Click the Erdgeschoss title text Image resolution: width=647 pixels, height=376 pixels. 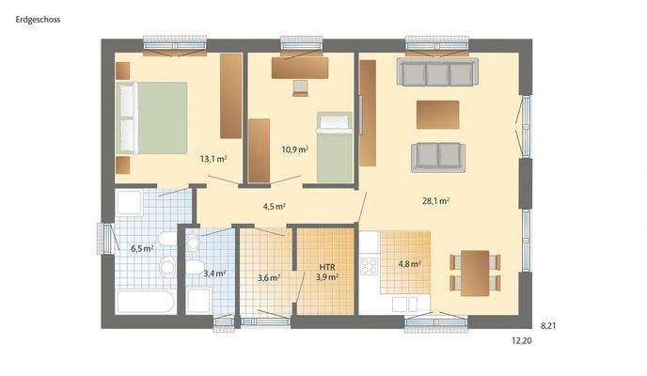[39, 18]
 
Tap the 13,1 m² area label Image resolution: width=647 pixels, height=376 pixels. [213, 159]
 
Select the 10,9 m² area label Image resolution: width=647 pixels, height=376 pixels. [294, 149]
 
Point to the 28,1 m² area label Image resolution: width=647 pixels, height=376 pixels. [435, 200]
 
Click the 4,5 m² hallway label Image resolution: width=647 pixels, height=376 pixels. [274, 207]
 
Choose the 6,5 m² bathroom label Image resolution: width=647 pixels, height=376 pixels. [141, 248]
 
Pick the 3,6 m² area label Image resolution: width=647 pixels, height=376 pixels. [269, 277]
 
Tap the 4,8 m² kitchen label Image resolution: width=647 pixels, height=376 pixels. [408, 264]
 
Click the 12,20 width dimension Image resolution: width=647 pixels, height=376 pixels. [522, 342]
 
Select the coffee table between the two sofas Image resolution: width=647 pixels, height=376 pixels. [437, 114]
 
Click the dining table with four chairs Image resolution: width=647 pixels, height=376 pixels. [475, 272]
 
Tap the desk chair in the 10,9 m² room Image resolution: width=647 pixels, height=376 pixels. [300, 87]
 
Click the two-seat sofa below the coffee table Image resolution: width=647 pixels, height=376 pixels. [437, 156]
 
